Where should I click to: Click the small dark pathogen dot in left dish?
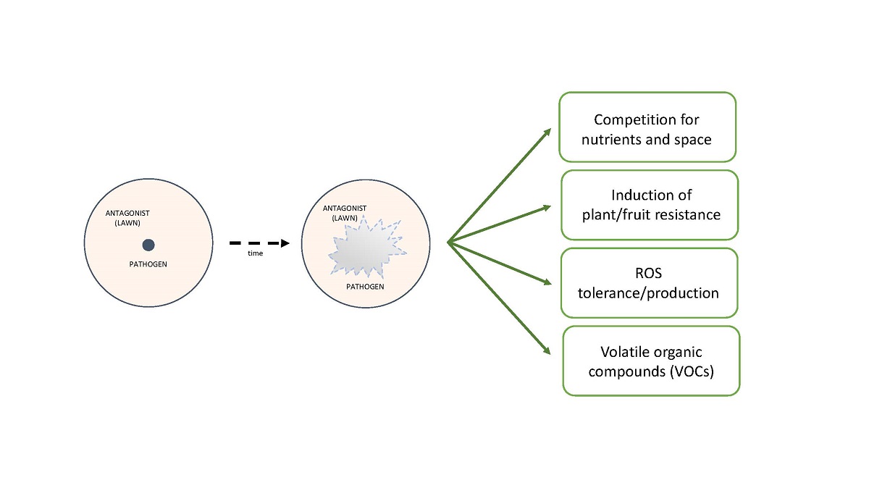[x=148, y=245]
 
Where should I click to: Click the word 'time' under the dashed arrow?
[x=255, y=253]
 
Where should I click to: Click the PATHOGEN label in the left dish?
[x=148, y=264]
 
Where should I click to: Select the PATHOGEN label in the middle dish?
[x=365, y=287]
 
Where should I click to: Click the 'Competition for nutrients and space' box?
[x=647, y=127]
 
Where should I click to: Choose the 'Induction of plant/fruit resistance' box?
[x=650, y=205]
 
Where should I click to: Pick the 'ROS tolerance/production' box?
[x=650, y=283]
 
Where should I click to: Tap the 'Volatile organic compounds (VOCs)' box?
[x=651, y=361]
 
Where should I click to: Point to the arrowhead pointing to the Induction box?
[x=549, y=208]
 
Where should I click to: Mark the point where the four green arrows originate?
[x=448, y=243]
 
